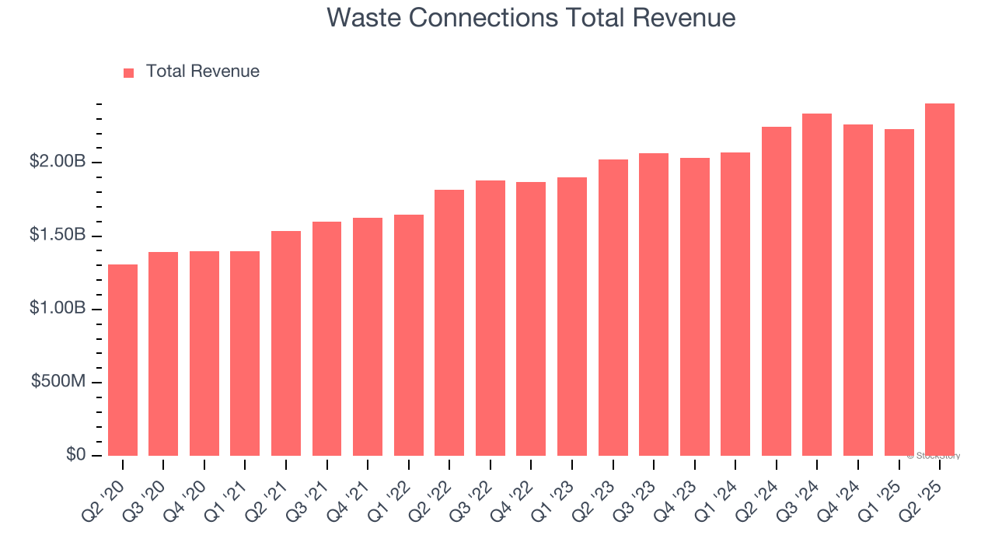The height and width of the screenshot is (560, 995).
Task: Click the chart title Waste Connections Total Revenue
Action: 531,17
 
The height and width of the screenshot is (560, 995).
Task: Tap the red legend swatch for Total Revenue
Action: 129,73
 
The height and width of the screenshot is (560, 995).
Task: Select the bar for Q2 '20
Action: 123,360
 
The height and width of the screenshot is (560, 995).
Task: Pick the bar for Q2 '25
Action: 940,280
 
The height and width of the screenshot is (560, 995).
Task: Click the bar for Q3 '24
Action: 817,285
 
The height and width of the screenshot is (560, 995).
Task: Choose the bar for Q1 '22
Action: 409,335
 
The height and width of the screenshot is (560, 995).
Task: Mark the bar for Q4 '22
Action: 531,319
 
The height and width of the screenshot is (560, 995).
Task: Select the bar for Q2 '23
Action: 613,307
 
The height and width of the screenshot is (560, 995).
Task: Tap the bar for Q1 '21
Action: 245,353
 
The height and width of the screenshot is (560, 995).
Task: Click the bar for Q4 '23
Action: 694,306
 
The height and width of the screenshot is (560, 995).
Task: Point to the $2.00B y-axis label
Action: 58,162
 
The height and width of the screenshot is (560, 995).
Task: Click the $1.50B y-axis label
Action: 58,236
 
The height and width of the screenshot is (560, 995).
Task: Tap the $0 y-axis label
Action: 76,455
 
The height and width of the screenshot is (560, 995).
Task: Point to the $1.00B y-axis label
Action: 58,309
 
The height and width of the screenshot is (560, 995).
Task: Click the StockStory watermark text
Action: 934,456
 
